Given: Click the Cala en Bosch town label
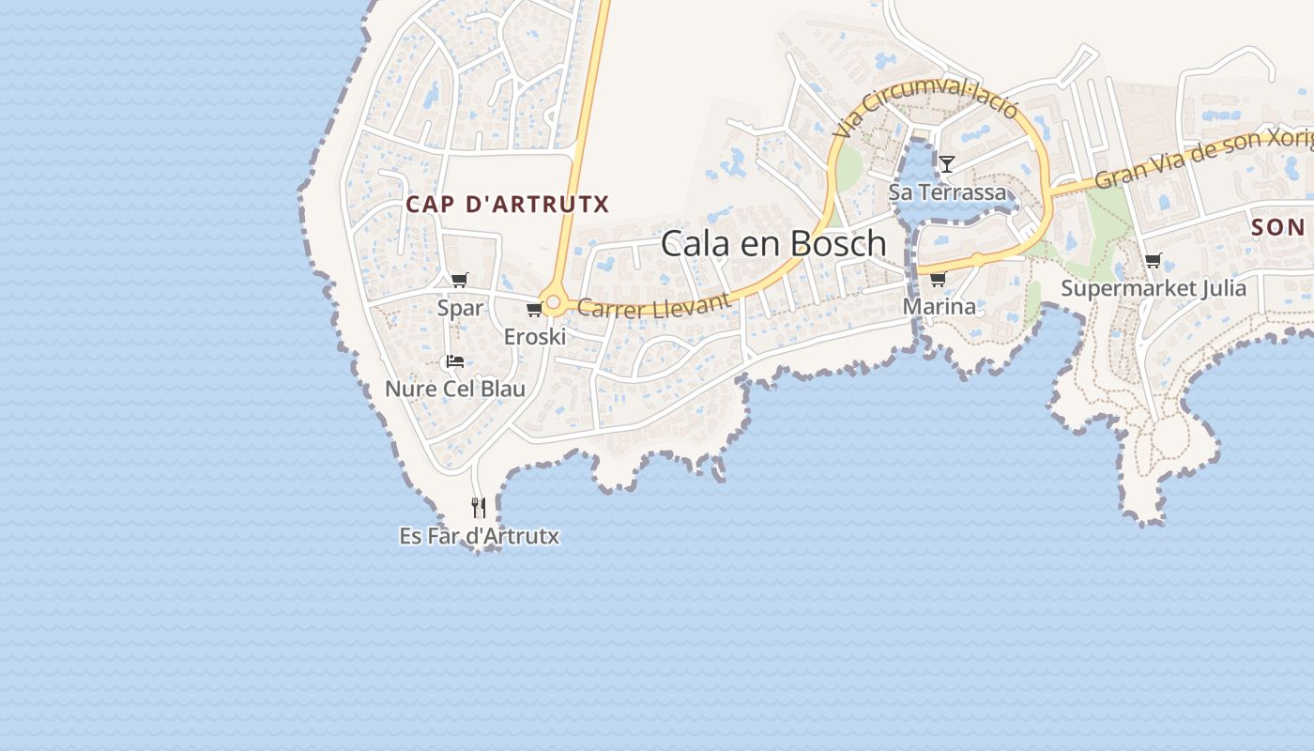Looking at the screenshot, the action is coord(773,243).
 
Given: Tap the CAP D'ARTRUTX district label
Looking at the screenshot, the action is coord(508,204).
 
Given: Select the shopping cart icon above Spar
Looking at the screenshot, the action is coord(460,280).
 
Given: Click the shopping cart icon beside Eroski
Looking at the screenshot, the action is coord(534,309).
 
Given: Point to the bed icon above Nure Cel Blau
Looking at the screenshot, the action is coord(455,361).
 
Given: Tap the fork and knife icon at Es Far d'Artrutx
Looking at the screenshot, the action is coord(479,508).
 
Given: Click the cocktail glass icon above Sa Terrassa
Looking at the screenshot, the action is coord(947,164).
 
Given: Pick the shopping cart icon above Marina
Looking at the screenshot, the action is coord(938,279).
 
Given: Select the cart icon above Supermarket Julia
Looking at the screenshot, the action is coord(1153,260).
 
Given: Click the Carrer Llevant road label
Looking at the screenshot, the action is coord(653,305).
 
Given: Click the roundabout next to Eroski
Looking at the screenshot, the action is coord(554,303).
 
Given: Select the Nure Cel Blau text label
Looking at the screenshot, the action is coord(455,389).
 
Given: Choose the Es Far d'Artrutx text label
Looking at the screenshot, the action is coord(479,536).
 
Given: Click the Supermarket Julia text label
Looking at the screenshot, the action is coord(1154,288).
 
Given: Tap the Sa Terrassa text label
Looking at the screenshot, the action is coord(947,192).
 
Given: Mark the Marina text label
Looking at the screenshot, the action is coord(939,306).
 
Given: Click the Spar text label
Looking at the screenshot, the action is coord(460,308).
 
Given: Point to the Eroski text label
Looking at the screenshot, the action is coord(534,336).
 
